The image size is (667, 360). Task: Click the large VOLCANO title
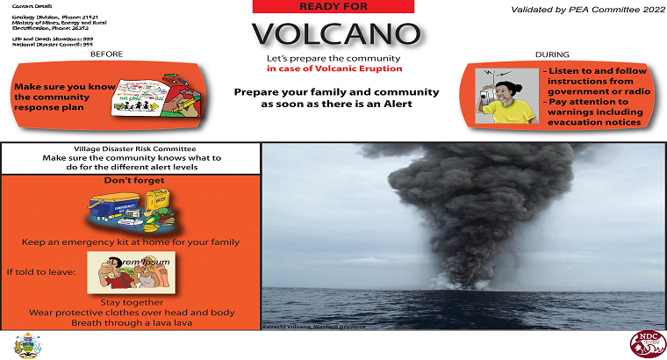333,34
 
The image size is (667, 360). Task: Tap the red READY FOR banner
333,6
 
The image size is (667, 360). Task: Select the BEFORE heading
106,54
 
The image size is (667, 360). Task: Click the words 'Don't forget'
130,181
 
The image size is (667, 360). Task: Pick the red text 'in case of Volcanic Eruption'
333,68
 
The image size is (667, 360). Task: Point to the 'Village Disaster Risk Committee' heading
131,148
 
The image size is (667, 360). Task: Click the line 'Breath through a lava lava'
131,323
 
